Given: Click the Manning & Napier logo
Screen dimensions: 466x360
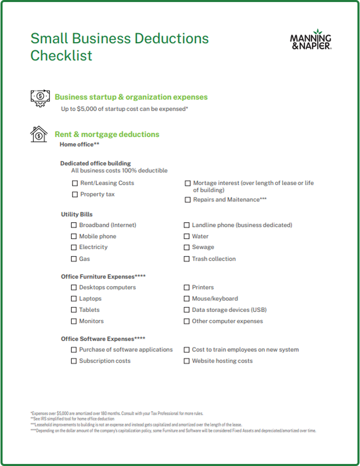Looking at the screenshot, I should (310, 39).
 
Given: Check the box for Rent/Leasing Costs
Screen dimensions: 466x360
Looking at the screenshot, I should (75, 183).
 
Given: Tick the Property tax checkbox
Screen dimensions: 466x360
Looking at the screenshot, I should (75, 195).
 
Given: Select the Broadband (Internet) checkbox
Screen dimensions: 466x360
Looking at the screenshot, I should (74, 225).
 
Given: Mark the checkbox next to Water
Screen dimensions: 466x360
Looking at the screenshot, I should (187, 237).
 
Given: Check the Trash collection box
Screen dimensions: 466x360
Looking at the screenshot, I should (187, 259).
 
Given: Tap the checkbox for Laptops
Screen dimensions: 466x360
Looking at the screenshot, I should (74, 299).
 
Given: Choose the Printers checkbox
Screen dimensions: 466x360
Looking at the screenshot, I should (187, 288).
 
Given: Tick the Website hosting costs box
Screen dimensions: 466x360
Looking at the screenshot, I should (187, 362).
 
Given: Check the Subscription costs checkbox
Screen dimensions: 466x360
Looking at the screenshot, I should (74, 362).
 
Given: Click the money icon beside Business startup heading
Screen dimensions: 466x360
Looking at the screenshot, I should (40, 97).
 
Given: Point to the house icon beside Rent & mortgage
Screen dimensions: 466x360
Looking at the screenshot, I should (39, 134).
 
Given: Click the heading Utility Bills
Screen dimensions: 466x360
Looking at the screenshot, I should (77, 215).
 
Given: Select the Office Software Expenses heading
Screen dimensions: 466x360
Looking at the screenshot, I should (103, 339).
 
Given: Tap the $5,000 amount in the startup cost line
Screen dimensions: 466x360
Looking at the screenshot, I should (85, 109).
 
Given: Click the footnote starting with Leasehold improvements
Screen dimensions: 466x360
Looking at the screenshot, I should (136, 425).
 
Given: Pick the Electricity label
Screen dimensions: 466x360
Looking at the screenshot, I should (93, 247).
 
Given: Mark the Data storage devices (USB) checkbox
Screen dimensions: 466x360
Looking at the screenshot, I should (187, 310).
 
